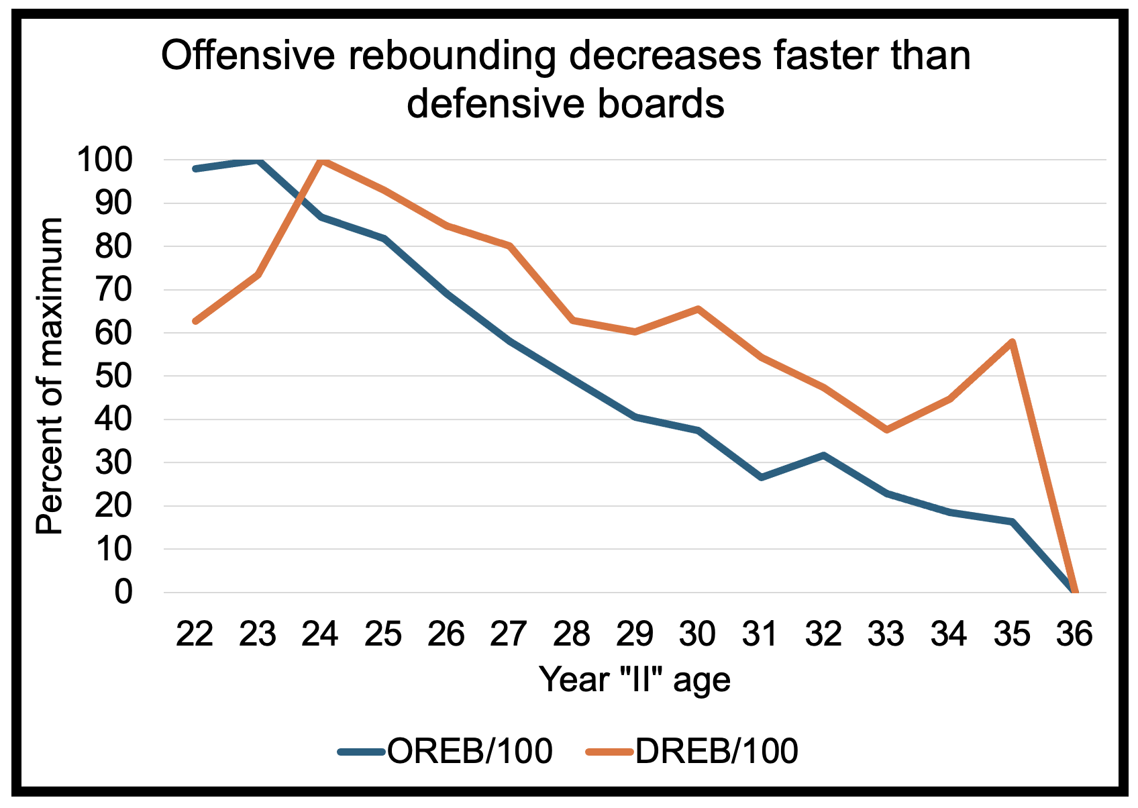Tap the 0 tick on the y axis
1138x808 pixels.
123,593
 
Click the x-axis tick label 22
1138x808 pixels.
195,634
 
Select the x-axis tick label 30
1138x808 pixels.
698,634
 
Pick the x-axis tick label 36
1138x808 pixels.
1075,634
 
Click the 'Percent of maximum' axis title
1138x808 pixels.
50,376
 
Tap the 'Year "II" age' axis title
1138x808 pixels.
635,679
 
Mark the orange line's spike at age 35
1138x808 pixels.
1012,342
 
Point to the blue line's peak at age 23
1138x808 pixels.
258,161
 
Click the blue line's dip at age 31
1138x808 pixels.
761,477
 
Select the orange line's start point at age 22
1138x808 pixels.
195,321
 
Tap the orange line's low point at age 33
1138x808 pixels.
886,430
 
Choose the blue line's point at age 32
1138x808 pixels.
823,455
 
